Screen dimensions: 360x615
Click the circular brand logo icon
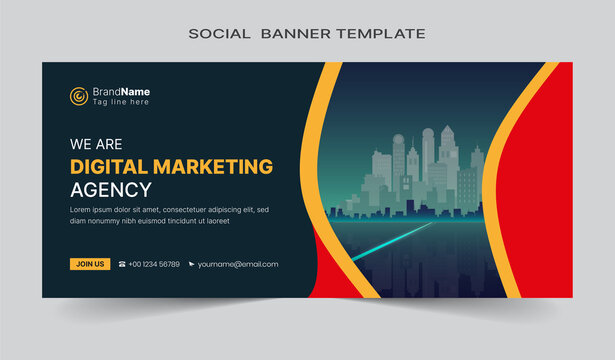pyautogui.click(x=78, y=96)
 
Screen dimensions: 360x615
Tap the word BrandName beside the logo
pyautogui.click(x=121, y=91)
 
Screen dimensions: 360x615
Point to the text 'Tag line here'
pyautogui.click(x=120, y=102)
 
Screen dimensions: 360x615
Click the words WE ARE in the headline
pyautogui.click(x=96, y=143)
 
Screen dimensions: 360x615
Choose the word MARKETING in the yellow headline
pyautogui.click(x=216, y=166)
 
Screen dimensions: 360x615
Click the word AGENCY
pyautogui.click(x=111, y=189)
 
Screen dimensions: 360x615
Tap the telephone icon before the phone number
pyautogui.click(x=122, y=264)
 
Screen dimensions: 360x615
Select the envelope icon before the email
pyautogui.click(x=191, y=264)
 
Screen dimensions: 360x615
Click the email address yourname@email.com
pyautogui.click(x=238, y=264)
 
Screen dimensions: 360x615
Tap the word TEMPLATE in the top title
pyautogui.click(x=381, y=33)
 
